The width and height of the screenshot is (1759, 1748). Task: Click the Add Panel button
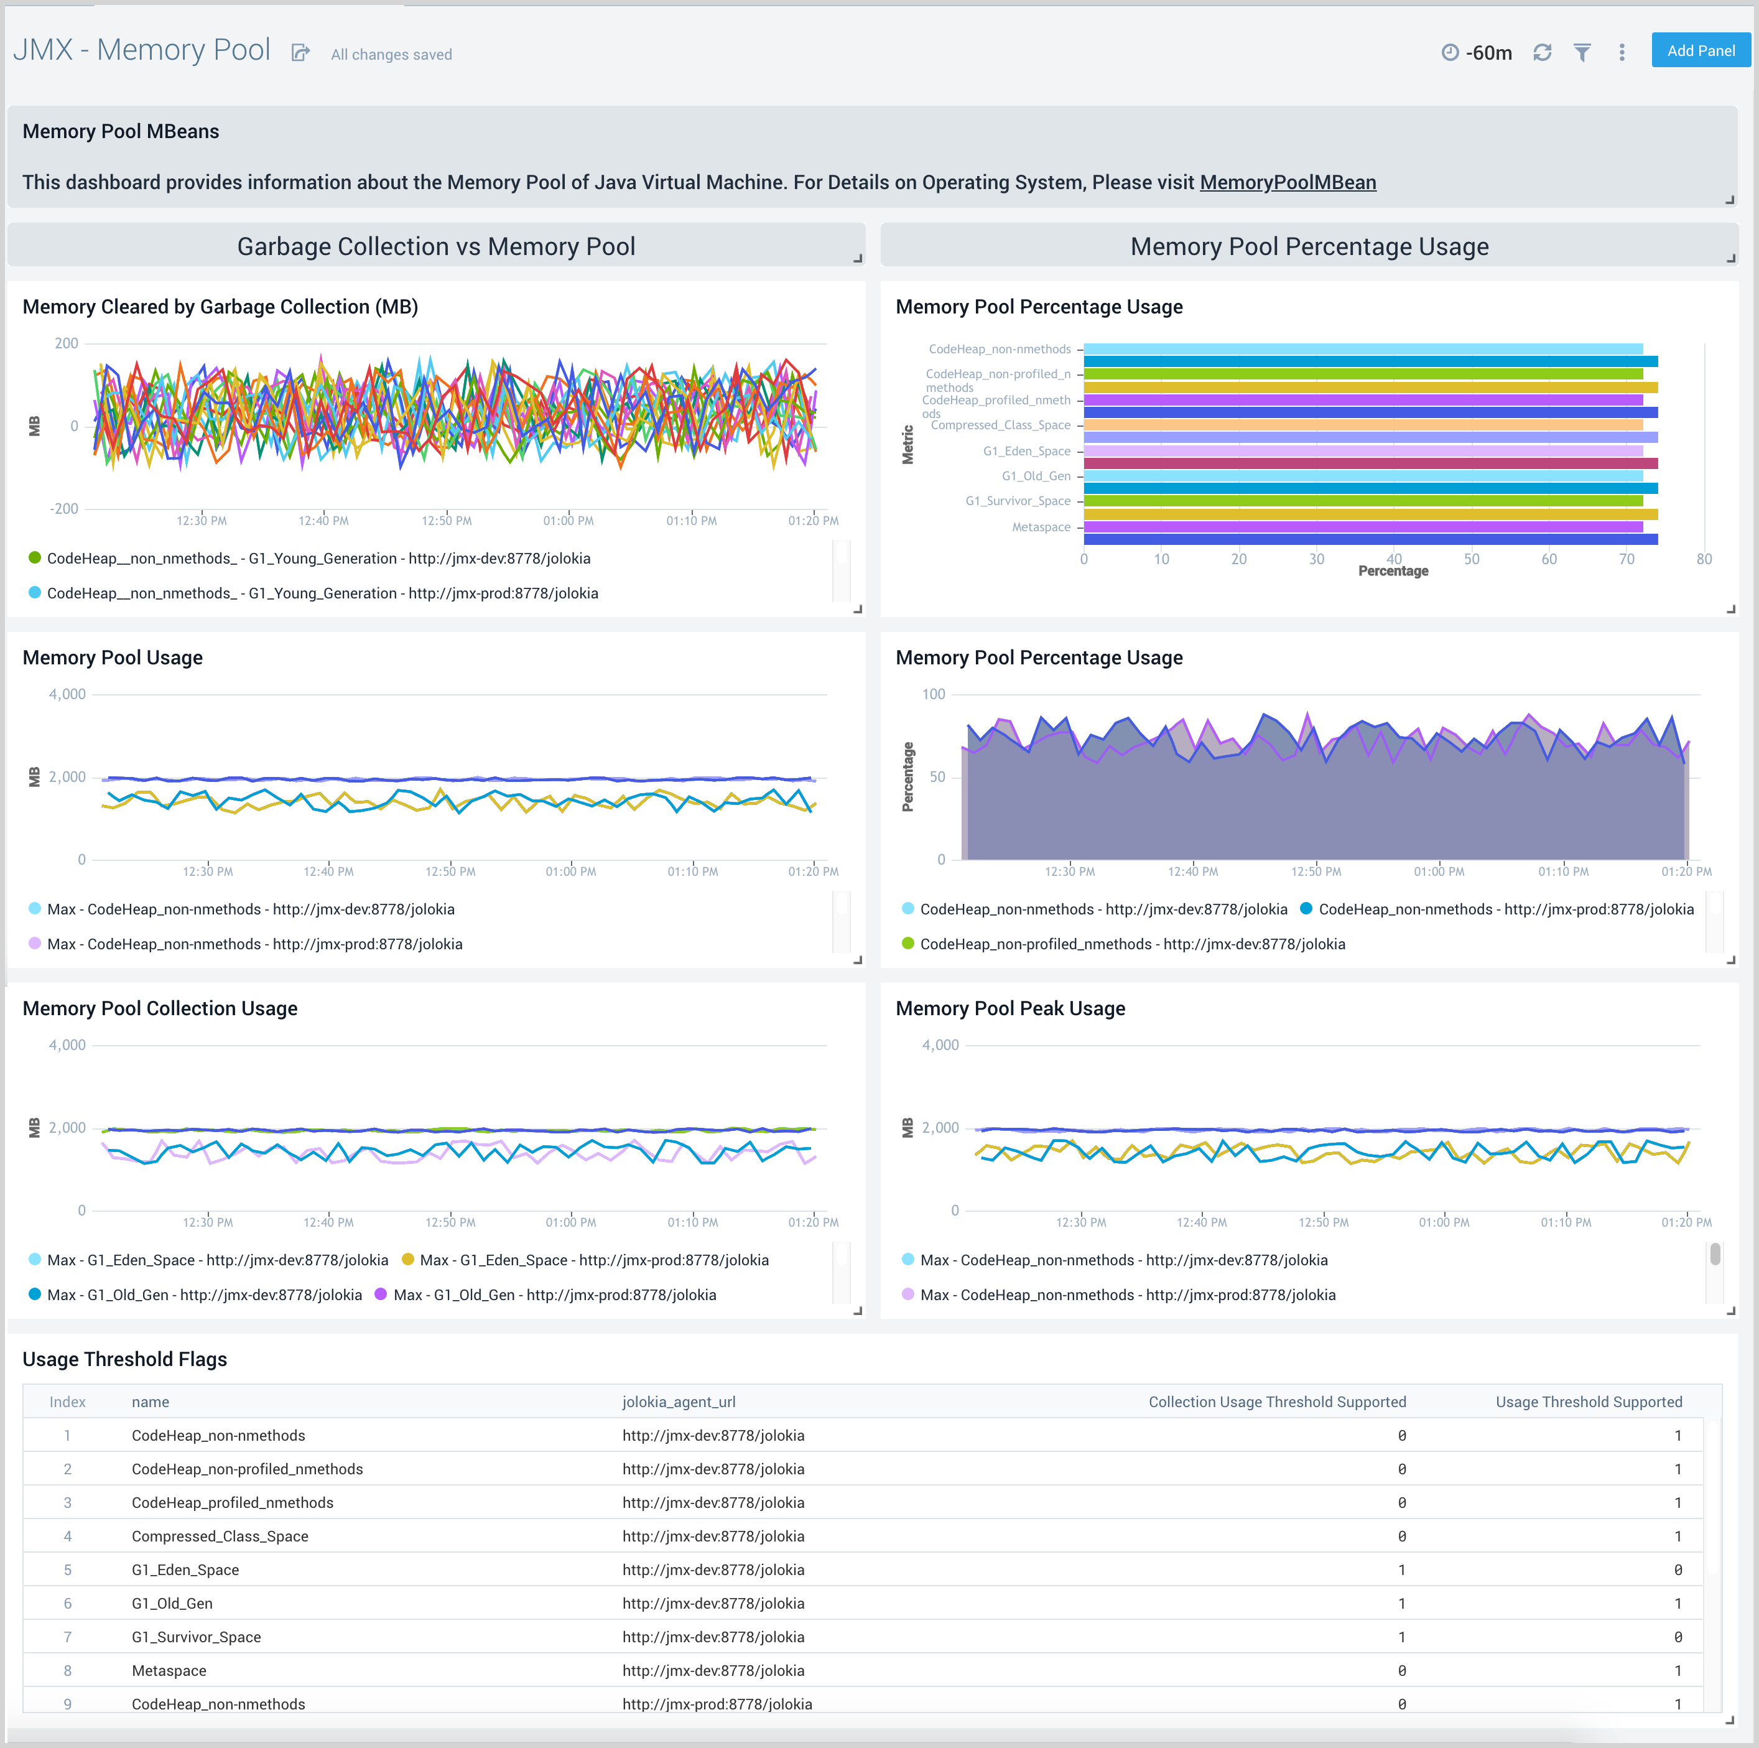pyautogui.click(x=1700, y=51)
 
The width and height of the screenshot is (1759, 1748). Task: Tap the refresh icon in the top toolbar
pyautogui.click(x=1541, y=53)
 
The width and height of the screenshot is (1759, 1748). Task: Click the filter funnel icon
pyautogui.click(x=1582, y=53)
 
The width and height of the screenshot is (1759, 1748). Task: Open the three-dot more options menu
pyautogui.click(x=1622, y=53)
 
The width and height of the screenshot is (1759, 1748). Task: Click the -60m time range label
pyautogui.click(x=1488, y=53)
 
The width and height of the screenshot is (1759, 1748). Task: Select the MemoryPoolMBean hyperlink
pyautogui.click(x=1288, y=182)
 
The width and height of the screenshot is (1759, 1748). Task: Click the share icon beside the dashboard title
pyautogui.click(x=300, y=53)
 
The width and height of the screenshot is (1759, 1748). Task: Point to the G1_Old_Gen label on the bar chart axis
pyautogui.click(x=1036, y=476)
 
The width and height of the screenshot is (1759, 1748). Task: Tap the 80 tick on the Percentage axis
pyautogui.click(x=1704, y=559)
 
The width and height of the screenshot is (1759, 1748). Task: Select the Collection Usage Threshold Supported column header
pyautogui.click(x=1276, y=1402)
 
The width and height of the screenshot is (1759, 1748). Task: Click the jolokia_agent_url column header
pyautogui.click(x=679, y=1402)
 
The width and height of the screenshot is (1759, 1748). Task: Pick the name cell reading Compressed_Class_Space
pyautogui.click(x=220, y=1536)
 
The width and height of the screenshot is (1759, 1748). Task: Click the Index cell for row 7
pyautogui.click(x=67, y=1637)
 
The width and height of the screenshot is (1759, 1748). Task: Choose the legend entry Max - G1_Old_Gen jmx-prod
pyautogui.click(x=554, y=1295)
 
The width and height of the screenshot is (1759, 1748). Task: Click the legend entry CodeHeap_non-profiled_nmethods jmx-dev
pyautogui.click(x=1131, y=944)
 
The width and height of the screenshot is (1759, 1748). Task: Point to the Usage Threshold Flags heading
pyautogui.click(x=125, y=1359)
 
